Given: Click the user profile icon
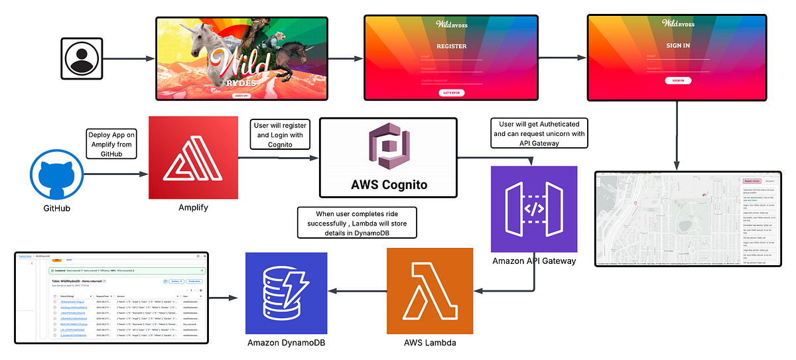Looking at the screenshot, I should click(x=82, y=59).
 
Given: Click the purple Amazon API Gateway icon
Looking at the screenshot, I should click(x=534, y=209).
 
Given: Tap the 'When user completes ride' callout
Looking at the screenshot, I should click(x=357, y=223).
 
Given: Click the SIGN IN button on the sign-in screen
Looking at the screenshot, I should click(x=678, y=80).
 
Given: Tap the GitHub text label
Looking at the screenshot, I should click(x=56, y=208).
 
